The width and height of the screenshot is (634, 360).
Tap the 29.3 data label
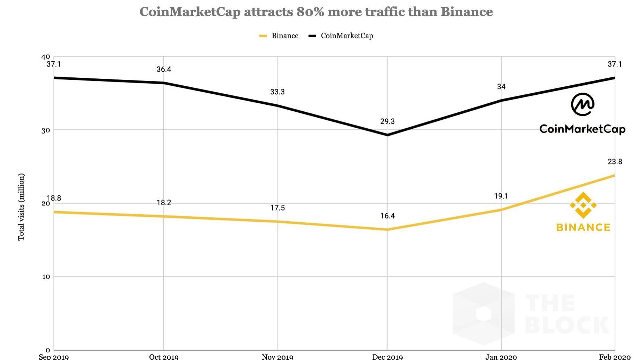(387, 121)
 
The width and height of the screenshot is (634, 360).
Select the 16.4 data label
(387, 216)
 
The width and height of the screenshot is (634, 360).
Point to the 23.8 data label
(615, 162)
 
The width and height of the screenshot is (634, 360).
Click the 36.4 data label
(164, 69)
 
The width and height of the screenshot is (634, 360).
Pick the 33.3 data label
(277, 92)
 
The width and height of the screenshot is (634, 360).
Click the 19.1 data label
(501, 196)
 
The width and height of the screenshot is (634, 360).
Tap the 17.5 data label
(277, 208)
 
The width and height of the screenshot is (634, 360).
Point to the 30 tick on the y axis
(45, 130)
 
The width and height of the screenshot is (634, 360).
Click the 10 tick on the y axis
(46, 277)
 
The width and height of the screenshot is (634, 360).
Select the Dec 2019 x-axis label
(387, 357)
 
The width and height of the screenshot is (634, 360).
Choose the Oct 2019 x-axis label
(164, 357)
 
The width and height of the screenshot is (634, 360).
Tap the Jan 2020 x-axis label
(501, 357)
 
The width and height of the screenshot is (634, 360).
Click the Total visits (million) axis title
(21, 207)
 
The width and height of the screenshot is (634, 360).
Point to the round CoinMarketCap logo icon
(582, 104)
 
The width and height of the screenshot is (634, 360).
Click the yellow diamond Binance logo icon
(583, 205)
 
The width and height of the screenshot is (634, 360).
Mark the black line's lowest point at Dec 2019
(387, 135)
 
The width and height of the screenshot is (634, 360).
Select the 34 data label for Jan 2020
(501, 87)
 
